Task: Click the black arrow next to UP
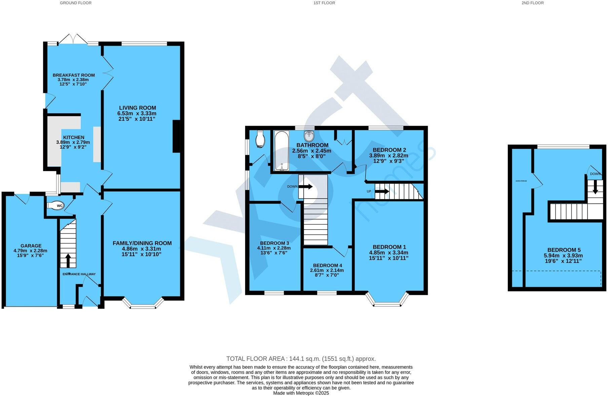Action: (x=382, y=191)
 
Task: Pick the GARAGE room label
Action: (x=31, y=246)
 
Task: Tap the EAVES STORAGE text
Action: (x=521, y=181)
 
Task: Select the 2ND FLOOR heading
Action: (x=532, y=3)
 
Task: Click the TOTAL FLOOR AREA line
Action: (x=301, y=359)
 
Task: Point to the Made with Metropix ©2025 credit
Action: (x=301, y=393)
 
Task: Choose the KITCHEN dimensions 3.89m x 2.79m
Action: (x=70, y=142)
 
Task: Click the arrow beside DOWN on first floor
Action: (x=305, y=187)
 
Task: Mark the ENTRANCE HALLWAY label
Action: (x=79, y=274)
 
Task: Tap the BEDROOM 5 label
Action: (x=564, y=250)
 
